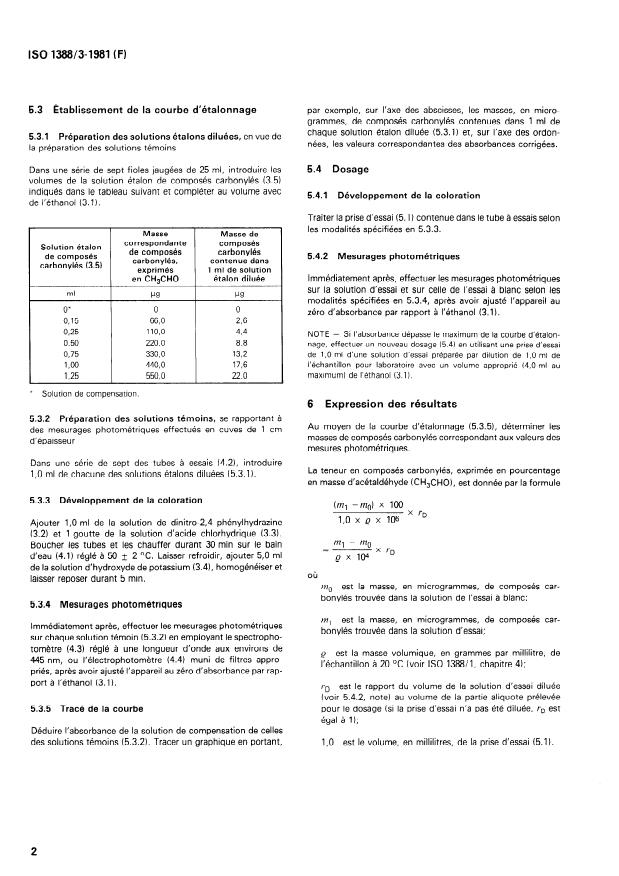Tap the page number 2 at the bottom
[33, 851]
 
